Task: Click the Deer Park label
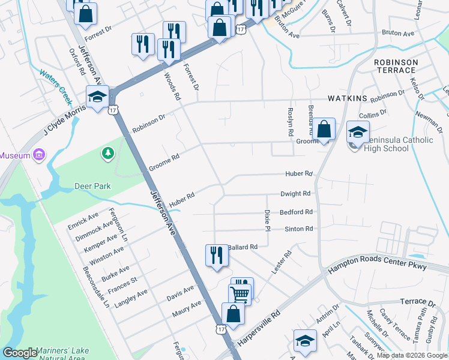tap(92, 186)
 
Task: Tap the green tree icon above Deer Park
tap(108, 154)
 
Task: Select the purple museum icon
tap(39, 155)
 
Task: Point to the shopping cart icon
tap(240, 293)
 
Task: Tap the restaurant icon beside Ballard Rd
tap(216, 255)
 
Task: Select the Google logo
tap(20, 353)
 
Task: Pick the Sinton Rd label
tap(298, 229)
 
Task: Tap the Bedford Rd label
tap(296, 212)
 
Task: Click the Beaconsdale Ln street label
tap(97, 288)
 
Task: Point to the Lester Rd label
tap(281, 263)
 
